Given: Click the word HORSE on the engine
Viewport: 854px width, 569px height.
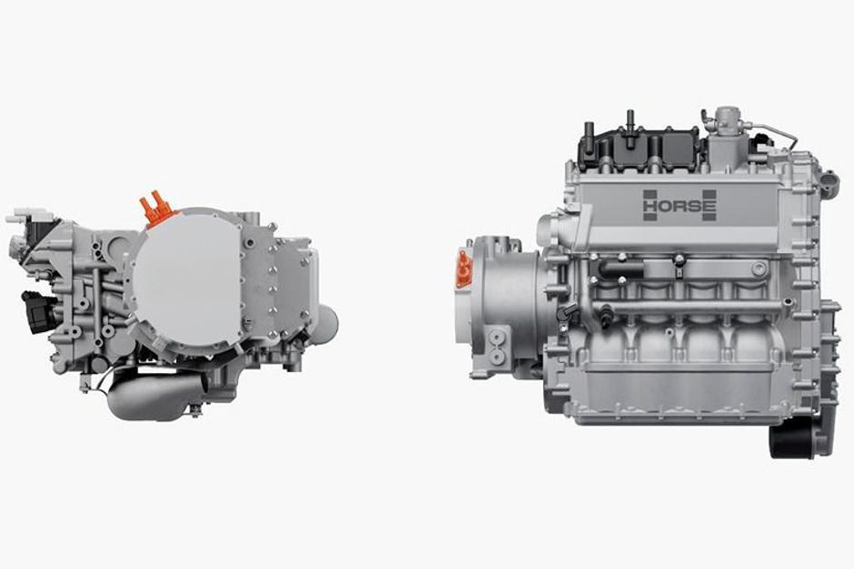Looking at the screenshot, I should pos(680,205).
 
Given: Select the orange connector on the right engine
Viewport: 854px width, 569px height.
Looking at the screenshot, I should pos(464,270).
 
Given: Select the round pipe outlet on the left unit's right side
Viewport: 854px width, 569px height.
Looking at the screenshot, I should pos(326,319).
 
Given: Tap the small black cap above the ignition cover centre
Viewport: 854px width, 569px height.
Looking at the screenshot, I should pos(629,118).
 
